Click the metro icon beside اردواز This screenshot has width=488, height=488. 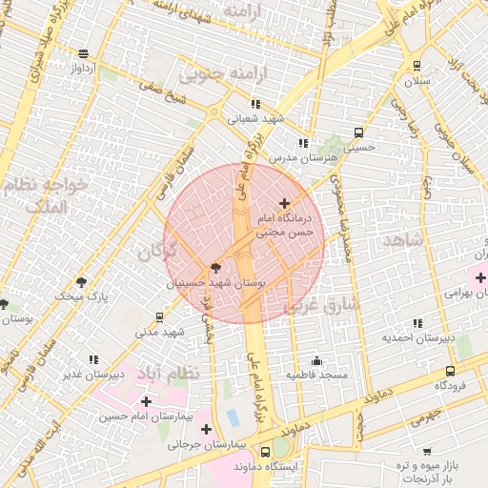click(x=84, y=53)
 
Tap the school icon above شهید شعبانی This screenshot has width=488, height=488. click(x=254, y=104)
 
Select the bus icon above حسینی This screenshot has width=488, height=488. click(x=358, y=133)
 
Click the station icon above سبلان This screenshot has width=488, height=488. click(x=417, y=66)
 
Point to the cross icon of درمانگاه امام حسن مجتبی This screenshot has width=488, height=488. click(x=283, y=203)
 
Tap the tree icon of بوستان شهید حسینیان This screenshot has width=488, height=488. click(x=214, y=268)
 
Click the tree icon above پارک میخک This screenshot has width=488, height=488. click(x=81, y=282)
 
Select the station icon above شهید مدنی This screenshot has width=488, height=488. click(x=158, y=316)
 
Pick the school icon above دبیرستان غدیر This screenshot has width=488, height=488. click(x=93, y=359)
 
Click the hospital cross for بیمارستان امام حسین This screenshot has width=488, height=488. click(x=146, y=401)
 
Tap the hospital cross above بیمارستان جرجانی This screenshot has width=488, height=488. click(x=206, y=429)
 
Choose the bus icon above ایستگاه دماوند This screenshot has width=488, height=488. click(x=264, y=452)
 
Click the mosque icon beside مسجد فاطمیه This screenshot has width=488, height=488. click(x=316, y=361)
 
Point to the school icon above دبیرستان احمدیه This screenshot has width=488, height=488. click(x=417, y=323)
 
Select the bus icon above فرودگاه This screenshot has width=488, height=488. click(x=450, y=371)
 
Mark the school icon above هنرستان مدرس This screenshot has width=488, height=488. click(x=302, y=143)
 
